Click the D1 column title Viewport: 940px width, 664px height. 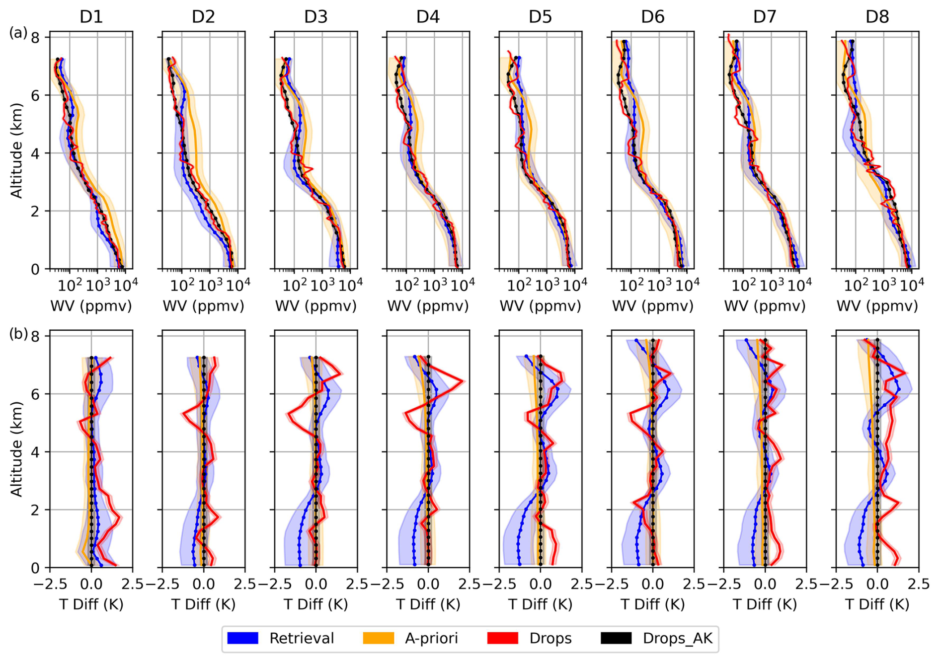pyautogui.click(x=91, y=17)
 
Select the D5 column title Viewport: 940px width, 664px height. pyautogui.click(x=540, y=17)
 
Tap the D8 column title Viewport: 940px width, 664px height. pyautogui.click(x=877, y=17)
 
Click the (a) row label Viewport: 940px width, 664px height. pyautogui.click(x=18, y=33)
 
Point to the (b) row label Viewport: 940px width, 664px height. pyautogui.click(x=18, y=334)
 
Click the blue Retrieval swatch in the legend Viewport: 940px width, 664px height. pyautogui.click(x=242, y=638)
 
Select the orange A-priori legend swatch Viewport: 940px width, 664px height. pyautogui.click(x=379, y=638)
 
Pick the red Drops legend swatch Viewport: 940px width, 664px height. pyautogui.click(x=503, y=638)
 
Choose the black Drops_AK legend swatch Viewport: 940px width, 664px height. pyautogui.click(x=616, y=638)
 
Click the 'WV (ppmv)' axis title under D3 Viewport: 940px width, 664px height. pyautogui.click(x=316, y=306)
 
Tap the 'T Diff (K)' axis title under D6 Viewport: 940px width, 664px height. pyautogui.click(x=653, y=604)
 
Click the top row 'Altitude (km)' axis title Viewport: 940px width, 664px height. pyautogui.click(x=16, y=150)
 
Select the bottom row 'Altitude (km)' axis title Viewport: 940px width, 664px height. pyautogui.click(x=16, y=449)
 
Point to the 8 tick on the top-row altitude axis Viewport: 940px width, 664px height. pyautogui.click(x=36, y=38)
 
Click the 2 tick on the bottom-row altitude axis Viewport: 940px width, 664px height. pyautogui.click(x=36, y=510)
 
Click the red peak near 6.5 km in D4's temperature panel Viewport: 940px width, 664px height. pyautogui.click(x=463, y=381)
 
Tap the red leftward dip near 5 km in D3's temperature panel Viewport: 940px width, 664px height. pyautogui.click(x=289, y=414)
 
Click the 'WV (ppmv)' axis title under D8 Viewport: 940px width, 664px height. pyautogui.click(x=877, y=306)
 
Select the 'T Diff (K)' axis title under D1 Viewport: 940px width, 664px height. pyautogui.click(x=91, y=604)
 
